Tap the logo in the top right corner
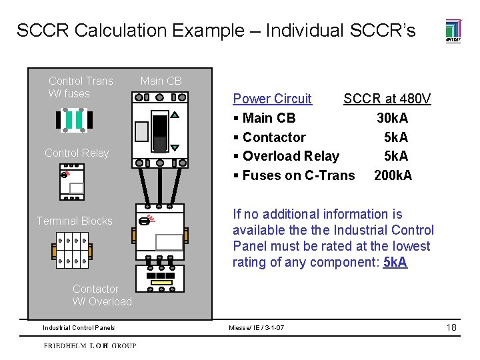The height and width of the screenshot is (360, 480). point(453,31)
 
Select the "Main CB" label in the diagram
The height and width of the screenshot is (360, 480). point(161,81)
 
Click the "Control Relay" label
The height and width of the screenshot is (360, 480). point(77,153)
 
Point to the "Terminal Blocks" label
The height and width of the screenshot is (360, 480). point(75,221)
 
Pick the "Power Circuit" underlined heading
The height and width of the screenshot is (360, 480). point(272,99)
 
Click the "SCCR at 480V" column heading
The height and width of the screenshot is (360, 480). point(387,99)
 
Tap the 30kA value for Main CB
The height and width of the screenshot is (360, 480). point(392,119)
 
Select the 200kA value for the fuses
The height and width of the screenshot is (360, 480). point(393,175)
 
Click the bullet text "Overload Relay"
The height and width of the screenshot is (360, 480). point(291,156)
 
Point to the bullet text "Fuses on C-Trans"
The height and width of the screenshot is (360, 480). point(299,175)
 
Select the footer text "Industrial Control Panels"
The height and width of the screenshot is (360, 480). point(79,327)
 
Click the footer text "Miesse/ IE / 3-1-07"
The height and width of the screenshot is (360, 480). point(256,327)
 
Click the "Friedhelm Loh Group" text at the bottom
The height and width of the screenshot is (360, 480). point(90,345)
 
